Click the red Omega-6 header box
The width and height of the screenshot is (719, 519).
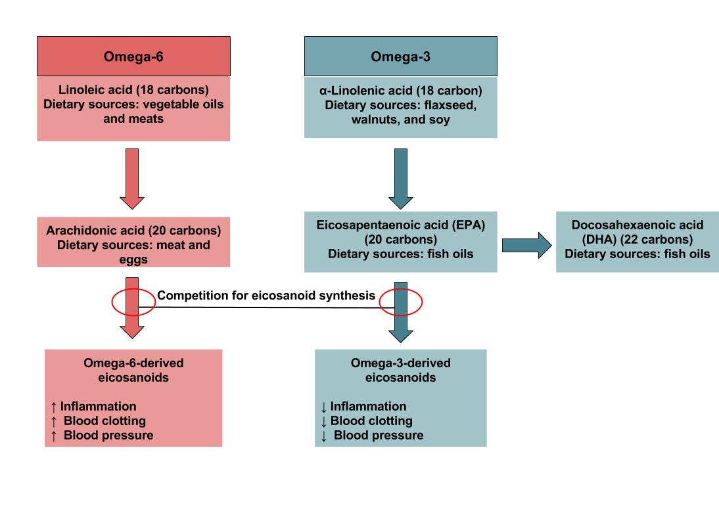133,56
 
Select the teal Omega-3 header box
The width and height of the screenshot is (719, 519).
400,56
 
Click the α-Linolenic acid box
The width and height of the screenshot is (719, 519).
400,105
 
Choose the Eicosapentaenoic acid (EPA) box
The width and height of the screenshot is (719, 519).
400,242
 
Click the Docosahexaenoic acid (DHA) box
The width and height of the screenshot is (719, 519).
637,242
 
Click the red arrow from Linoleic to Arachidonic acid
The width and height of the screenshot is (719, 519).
132,178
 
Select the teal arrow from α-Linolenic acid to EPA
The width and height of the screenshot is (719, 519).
400,178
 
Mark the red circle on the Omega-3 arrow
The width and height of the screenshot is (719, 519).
400,302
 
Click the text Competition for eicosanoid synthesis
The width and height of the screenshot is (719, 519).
266,296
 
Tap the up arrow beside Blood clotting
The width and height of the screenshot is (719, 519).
53,421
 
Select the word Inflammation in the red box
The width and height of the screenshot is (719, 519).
99,407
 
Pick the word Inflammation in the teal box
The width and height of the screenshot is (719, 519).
369,407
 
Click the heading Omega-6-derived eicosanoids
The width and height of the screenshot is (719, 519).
133,371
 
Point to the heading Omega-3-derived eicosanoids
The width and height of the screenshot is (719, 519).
400,371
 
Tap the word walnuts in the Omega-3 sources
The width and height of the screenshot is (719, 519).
374,120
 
